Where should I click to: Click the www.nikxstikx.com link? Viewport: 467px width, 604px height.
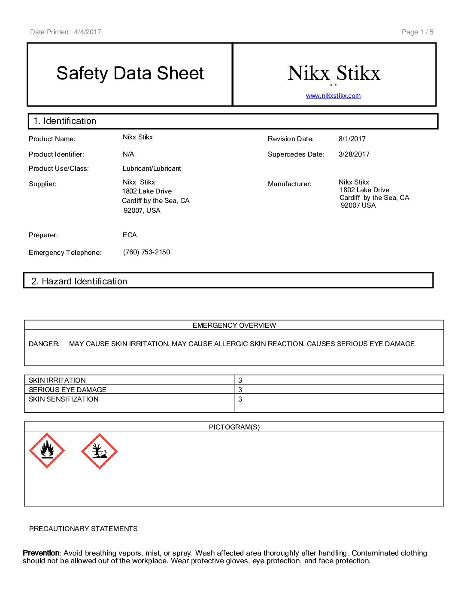coord(333,96)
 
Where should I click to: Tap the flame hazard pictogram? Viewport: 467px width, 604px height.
coord(47,450)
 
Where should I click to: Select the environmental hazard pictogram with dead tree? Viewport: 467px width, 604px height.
coord(99,451)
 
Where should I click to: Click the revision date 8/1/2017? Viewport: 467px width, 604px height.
coord(352,139)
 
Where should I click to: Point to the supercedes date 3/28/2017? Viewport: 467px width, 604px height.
coord(354,154)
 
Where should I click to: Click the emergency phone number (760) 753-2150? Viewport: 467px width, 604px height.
coord(146,252)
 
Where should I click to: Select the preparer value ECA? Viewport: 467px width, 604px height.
coord(130,235)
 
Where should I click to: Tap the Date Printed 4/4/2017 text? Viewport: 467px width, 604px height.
coord(66,32)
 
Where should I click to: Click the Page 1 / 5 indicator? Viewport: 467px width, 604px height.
coord(417,32)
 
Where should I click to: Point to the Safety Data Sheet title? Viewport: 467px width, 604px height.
coord(130,73)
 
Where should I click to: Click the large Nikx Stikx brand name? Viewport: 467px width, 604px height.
coord(334,73)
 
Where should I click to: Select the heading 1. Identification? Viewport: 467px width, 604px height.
coord(65,121)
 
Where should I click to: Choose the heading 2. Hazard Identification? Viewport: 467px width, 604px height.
coord(79,281)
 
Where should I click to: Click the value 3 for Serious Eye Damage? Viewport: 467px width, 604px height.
coord(240,390)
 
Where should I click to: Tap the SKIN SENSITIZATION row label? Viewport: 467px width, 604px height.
coord(64,399)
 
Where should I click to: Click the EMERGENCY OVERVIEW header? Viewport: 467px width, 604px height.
coord(234,325)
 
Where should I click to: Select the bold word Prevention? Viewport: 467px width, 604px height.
coord(41,553)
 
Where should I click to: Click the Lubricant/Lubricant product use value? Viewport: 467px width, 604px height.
coord(152,168)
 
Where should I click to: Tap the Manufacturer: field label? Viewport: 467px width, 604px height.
coord(289,184)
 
